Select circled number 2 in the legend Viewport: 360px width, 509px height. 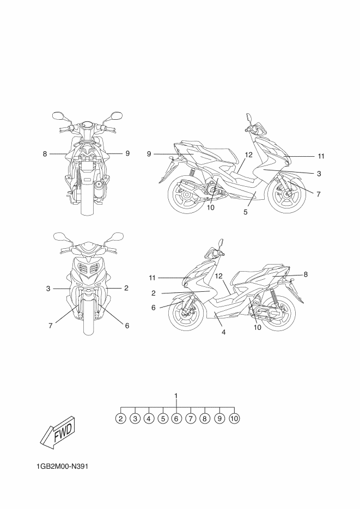[x=121, y=419]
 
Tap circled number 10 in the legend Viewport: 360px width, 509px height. [x=234, y=419]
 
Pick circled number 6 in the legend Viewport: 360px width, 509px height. [x=176, y=419]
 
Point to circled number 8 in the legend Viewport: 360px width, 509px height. [x=205, y=419]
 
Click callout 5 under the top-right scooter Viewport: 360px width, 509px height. [x=246, y=212]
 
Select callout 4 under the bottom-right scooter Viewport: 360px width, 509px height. [x=223, y=332]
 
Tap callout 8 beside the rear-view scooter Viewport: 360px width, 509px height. [x=45, y=154]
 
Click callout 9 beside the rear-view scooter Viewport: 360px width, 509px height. [x=127, y=154]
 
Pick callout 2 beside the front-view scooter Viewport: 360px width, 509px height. [x=126, y=288]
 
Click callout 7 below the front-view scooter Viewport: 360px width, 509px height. [x=50, y=326]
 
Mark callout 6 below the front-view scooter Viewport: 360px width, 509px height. [x=127, y=326]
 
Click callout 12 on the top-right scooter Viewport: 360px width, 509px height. [x=248, y=155]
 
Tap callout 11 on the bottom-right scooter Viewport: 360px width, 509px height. [x=153, y=278]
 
